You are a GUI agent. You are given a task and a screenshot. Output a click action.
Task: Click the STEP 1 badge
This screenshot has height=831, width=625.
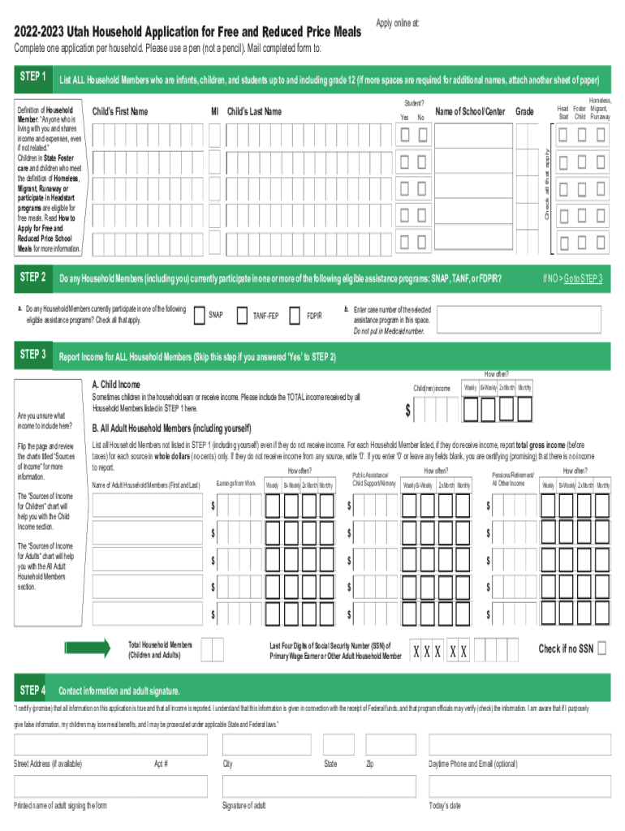[32, 77]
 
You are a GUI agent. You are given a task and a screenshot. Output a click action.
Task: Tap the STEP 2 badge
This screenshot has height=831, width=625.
[32, 278]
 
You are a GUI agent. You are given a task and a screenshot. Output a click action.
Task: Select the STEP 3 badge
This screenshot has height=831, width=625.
[32, 355]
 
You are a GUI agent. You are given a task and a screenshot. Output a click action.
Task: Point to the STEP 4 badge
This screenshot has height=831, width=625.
[32, 690]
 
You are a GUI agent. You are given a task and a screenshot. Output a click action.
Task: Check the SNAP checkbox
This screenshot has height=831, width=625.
[200, 315]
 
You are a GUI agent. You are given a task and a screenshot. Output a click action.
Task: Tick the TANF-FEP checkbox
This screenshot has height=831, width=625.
[242, 315]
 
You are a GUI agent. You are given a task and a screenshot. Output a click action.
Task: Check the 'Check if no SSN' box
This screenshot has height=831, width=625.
[601, 648]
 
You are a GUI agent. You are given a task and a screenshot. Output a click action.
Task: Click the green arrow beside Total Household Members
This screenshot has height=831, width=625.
[88, 648]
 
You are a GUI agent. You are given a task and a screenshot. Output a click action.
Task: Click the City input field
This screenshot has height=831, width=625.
[266, 745]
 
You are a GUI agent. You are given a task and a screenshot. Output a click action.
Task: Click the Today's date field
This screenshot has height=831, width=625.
[519, 787]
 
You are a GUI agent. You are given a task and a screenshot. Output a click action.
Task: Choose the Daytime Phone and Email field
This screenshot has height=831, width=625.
[519, 745]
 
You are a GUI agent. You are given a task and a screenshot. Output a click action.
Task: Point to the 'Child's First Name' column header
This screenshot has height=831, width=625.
[120, 111]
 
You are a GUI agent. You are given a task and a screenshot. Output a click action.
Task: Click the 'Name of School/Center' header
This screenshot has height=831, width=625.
[470, 110]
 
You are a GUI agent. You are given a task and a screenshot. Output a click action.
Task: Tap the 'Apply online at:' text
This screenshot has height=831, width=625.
[398, 23]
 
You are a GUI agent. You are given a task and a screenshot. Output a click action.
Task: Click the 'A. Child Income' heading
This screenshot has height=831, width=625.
[116, 385]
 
